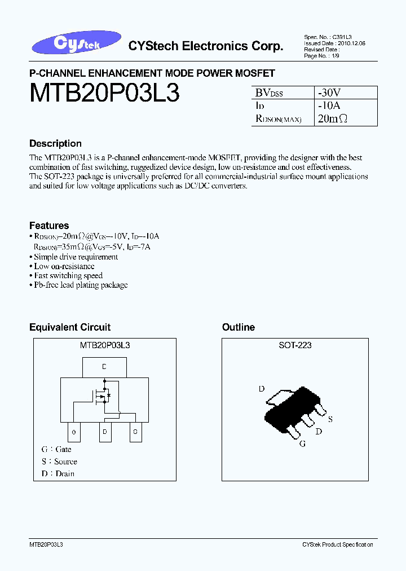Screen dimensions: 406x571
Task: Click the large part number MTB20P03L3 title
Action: pyautogui.click(x=104, y=93)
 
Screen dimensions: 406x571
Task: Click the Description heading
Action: pyautogui.click(x=55, y=143)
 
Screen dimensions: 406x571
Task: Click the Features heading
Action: pyautogui.click(x=49, y=225)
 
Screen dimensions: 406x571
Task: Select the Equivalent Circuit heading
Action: pyautogui.click(x=70, y=327)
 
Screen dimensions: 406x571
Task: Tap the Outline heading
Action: pyautogui.click(x=239, y=327)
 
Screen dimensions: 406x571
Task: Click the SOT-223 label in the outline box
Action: pyautogui.click(x=295, y=345)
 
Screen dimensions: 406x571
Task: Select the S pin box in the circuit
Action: pyautogui.click(x=135, y=432)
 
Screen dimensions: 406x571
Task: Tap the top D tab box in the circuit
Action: pyautogui.click(x=104, y=367)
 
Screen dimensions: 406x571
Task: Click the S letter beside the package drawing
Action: pyautogui.click(x=330, y=419)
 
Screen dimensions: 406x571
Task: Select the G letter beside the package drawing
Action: pyautogui.click(x=303, y=444)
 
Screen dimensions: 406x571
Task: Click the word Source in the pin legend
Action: pyautogui.click(x=65, y=462)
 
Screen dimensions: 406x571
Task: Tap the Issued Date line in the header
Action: pyautogui.click(x=326, y=42)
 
